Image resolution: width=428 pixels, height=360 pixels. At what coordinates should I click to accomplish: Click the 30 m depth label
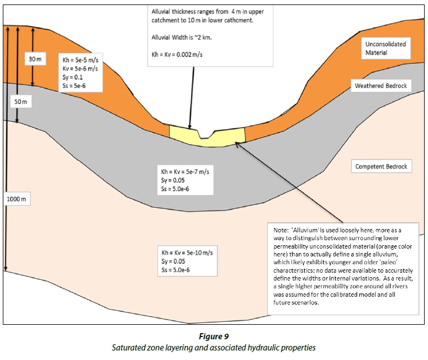point(35,58)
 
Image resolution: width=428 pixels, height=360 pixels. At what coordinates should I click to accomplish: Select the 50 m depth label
point(20,102)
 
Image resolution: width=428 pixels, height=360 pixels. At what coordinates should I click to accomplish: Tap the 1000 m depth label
point(17,198)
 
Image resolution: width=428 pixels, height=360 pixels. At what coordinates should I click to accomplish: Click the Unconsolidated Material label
point(385,48)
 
